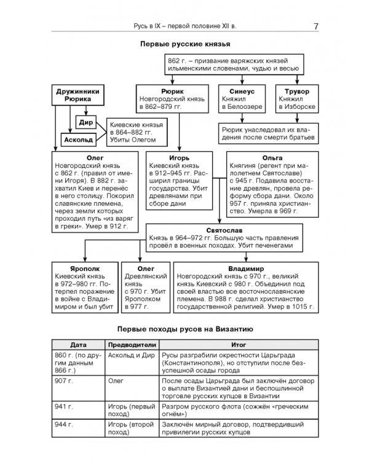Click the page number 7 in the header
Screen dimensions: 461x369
tap(315, 26)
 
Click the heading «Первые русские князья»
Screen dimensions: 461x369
tap(184, 45)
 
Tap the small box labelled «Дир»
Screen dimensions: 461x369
tap(86, 122)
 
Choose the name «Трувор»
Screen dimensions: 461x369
tap(297, 91)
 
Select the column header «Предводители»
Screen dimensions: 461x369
tap(132, 345)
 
